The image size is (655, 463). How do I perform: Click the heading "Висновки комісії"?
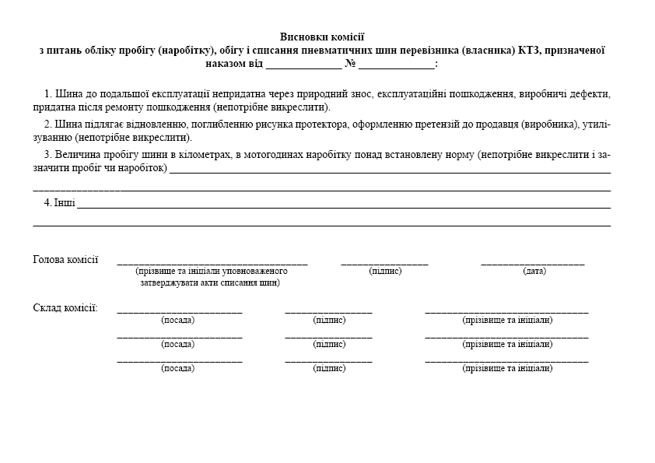[322, 37]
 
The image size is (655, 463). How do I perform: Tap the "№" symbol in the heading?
[351, 63]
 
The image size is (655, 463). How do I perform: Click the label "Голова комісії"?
[65, 260]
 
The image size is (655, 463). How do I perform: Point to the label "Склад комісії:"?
[65, 308]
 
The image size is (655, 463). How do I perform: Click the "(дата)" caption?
[534, 271]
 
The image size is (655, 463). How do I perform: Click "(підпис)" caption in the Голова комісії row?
[385, 271]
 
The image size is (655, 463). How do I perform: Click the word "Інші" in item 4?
[65, 203]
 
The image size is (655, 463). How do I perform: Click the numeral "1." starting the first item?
[48, 94]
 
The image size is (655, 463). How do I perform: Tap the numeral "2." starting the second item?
[48, 124]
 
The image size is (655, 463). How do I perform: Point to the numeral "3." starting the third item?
[48, 154]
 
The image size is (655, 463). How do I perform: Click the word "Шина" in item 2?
[68, 124]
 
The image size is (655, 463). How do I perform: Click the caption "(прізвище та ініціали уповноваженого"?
[212, 271]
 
